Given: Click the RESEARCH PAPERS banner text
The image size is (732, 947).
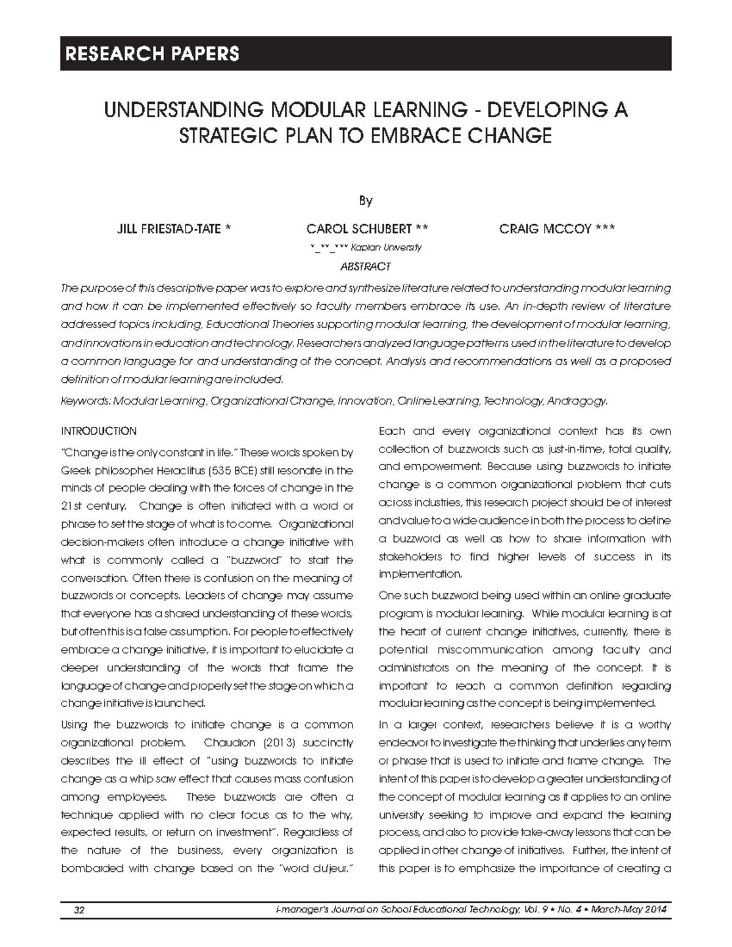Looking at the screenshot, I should tap(149, 54).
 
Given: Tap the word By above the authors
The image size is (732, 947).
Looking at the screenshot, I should tap(365, 201).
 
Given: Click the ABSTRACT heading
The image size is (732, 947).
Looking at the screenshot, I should tap(365, 266).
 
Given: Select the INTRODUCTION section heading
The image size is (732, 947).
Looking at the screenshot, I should tap(99, 431).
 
